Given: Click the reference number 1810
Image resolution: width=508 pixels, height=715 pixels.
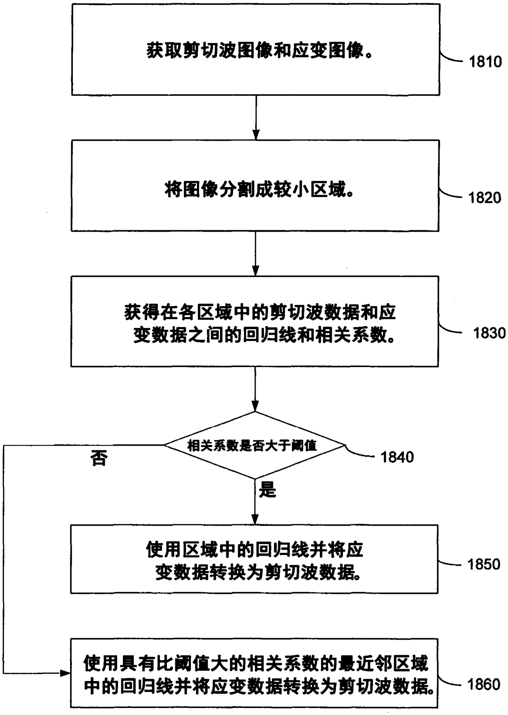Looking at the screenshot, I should click(485, 62).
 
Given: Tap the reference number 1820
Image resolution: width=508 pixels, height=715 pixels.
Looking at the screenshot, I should click(485, 198).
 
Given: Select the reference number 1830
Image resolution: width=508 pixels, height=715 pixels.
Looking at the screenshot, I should click(489, 334).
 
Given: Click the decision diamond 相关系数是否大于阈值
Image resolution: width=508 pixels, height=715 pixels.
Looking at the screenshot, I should click(255, 445).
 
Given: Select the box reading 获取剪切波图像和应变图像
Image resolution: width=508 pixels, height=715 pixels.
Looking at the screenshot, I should click(256, 50).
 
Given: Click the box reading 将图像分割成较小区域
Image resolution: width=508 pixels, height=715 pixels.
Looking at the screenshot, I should click(255, 186).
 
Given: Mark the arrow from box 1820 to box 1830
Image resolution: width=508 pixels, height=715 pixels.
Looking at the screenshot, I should click(255, 253).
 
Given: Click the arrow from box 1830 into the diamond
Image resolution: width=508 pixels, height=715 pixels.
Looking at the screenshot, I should click(255, 389).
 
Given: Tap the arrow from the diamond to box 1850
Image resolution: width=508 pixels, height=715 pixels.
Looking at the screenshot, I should click(255, 502).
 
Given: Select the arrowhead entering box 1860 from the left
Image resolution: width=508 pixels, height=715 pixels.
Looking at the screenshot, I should click(65, 673).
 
